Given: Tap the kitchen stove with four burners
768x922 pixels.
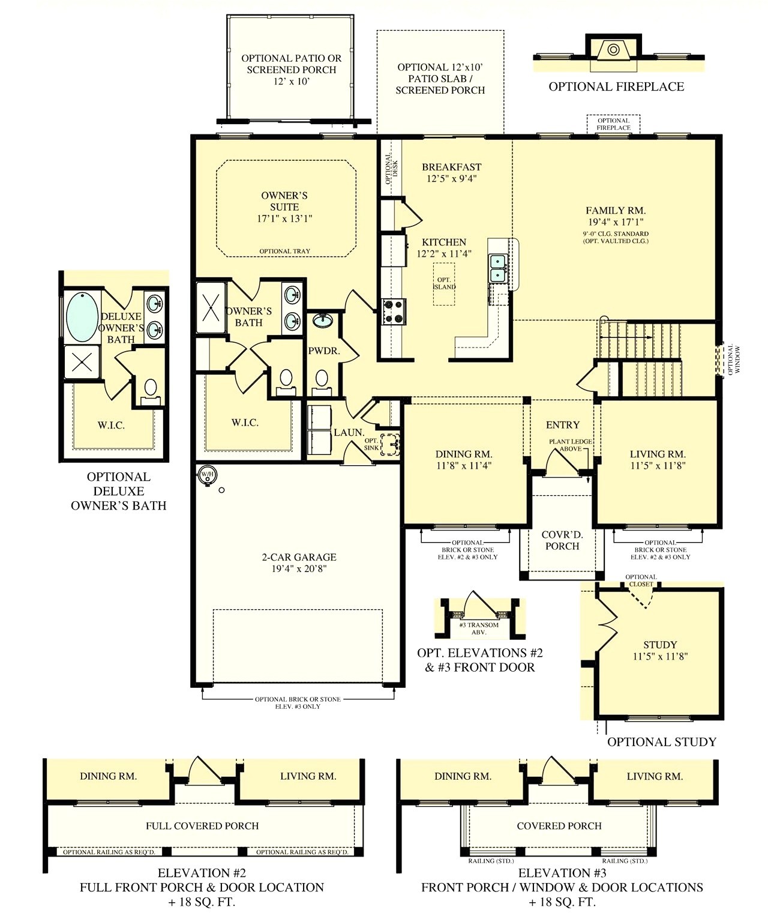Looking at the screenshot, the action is coord(394,312).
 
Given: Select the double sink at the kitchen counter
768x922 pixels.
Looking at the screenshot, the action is coord(498,268).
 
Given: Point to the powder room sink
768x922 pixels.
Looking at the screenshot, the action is coord(323,320).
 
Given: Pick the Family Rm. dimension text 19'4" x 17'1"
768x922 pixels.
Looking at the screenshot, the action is coord(615,222).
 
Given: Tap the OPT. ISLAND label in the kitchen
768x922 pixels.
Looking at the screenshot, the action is coord(444,283).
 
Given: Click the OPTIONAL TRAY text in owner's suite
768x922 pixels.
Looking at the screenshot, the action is coord(284,252).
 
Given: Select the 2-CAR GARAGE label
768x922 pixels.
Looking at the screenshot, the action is coord(299,557).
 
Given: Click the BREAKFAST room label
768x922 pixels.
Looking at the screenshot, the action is coord(452,167).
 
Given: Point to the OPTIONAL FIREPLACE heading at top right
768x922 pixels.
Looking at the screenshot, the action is coord(616,86).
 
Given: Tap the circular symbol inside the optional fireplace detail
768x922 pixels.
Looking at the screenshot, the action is coord(613,49).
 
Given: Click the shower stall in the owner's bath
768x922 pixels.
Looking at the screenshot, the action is coord(211,307).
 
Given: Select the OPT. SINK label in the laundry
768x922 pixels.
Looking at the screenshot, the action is coord(371,444).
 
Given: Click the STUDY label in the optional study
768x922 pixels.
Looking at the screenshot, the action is coord(660,645).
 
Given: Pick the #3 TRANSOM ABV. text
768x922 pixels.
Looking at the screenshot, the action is coord(479,628).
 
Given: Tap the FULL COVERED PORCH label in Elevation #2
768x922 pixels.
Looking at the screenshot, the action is coord(203,826).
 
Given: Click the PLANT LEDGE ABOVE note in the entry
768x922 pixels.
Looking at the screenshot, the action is coord(570,445).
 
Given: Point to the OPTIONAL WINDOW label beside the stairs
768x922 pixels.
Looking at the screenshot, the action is coord(734,359).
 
